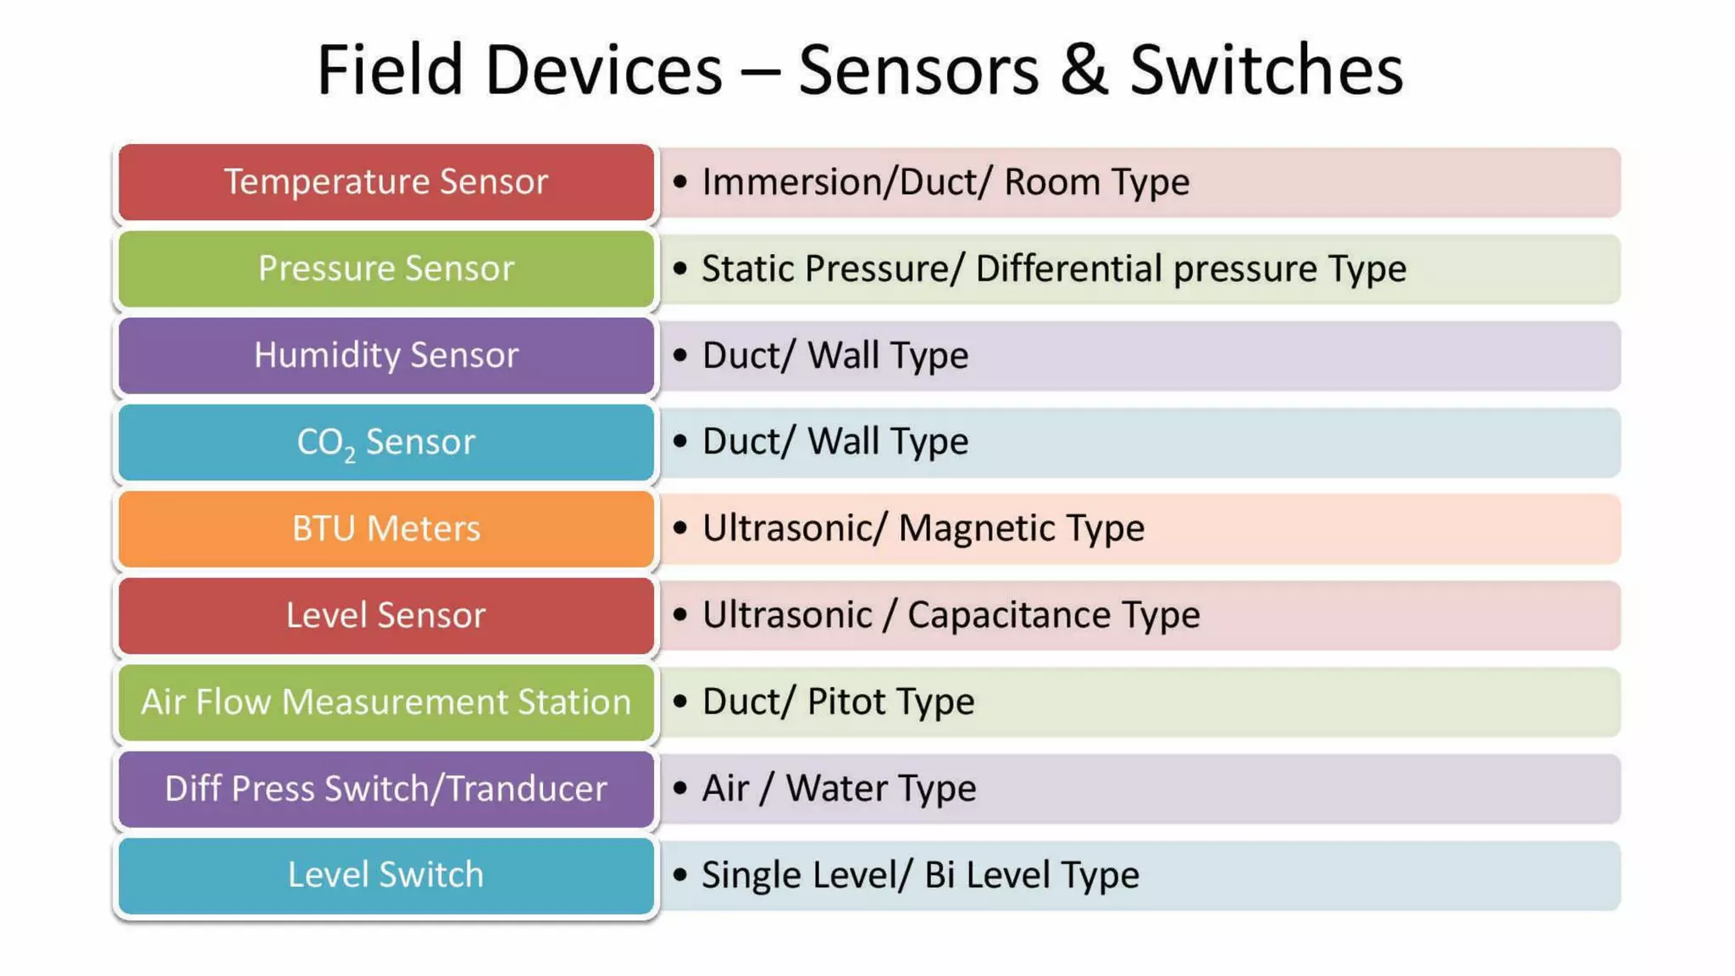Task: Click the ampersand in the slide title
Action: [x=1084, y=70]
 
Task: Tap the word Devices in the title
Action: [x=602, y=70]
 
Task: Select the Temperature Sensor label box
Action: [x=386, y=182]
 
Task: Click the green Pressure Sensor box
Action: [x=386, y=269]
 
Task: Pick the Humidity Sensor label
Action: [x=386, y=355]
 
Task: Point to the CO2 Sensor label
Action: [x=386, y=442]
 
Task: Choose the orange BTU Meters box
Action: [x=386, y=529]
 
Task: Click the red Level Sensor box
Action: [x=386, y=615]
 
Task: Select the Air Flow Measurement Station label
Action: [x=386, y=702]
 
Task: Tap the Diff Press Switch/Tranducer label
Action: [x=386, y=789]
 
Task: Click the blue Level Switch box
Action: [x=386, y=875]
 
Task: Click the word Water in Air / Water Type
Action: [x=836, y=789]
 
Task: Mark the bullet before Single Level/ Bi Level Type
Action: [x=679, y=875]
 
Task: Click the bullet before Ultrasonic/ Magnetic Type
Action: [x=679, y=529]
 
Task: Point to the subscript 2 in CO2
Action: [x=350, y=455]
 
